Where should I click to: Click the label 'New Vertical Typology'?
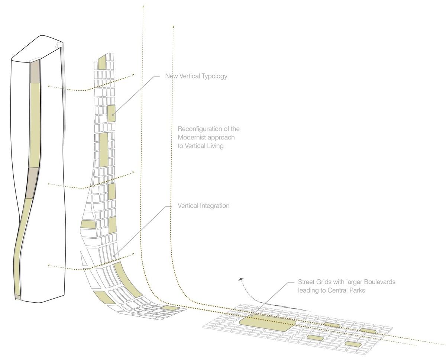(x=196, y=76)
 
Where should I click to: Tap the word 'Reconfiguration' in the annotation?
(x=201, y=129)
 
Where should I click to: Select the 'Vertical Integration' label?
(x=204, y=206)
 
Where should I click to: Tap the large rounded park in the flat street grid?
(x=267, y=324)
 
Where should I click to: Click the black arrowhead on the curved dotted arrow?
(x=241, y=279)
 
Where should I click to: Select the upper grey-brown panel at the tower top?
(x=35, y=71)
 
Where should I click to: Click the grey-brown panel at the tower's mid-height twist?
(x=32, y=183)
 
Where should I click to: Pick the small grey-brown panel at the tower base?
(x=17, y=297)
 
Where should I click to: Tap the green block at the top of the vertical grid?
(x=102, y=62)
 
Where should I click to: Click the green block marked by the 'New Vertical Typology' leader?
(x=111, y=113)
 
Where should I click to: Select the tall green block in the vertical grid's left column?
(x=104, y=150)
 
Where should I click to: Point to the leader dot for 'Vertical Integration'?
(x=114, y=256)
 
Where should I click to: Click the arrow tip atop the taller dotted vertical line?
(x=143, y=6)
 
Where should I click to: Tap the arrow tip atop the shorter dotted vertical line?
(x=173, y=26)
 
